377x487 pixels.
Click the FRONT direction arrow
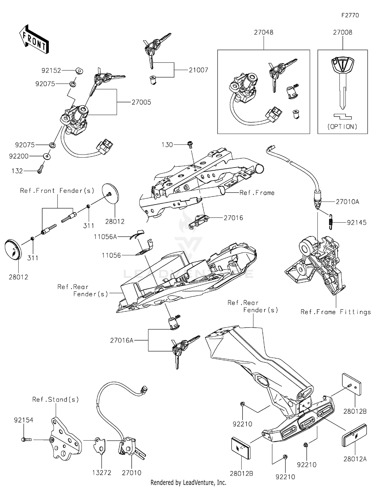click(34, 39)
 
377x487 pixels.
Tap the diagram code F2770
click(350, 15)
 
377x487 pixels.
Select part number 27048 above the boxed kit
click(263, 32)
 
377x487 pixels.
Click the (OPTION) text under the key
click(342, 127)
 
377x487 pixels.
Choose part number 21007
click(199, 70)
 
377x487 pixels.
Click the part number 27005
click(141, 102)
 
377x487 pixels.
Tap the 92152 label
click(51, 71)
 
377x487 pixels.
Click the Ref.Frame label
click(257, 193)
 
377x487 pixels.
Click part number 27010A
click(348, 202)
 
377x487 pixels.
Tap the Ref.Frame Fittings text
click(336, 312)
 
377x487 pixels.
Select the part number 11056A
click(105, 237)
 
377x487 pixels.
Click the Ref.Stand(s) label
click(56, 399)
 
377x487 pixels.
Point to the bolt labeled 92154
click(26, 440)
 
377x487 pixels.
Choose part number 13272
click(102, 473)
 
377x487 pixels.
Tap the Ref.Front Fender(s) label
click(57, 191)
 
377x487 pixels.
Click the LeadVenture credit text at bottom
click(188, 482)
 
